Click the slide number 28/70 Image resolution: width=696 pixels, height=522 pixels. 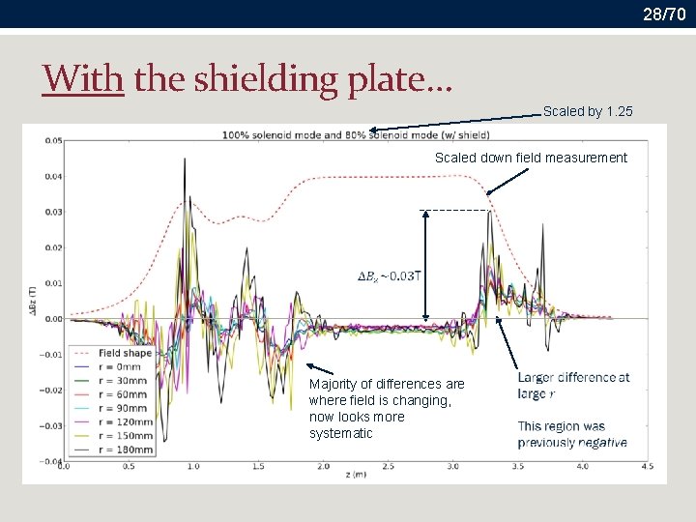tap(664, 13)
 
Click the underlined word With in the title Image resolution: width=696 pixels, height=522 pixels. tap(83, 77)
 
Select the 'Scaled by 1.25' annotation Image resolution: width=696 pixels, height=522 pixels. tap(588, 111)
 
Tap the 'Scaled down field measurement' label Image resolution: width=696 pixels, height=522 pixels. tap(531, 158)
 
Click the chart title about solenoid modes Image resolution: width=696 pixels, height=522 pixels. tap(356, 134)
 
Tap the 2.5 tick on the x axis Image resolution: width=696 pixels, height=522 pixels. tap(388, 467)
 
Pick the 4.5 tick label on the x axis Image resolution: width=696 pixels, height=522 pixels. tap(648, 467)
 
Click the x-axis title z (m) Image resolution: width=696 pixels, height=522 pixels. tap(355, 477)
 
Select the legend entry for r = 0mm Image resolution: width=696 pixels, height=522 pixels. tap(119, 367)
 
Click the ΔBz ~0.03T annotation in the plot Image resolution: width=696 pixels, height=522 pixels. tap(390, 276)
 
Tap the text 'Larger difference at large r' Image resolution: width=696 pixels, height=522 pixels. tap(573, 385)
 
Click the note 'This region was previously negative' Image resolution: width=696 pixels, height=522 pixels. tap(571, 434)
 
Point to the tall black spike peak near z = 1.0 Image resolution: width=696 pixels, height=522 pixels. tap(185, 159)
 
